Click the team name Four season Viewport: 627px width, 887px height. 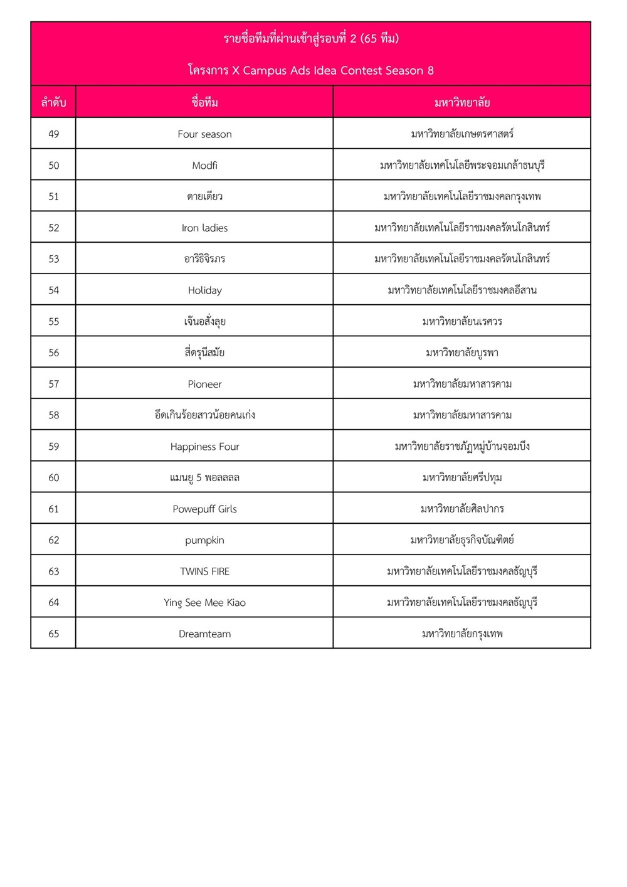click(204, 134)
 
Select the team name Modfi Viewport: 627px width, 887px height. click(204, 166)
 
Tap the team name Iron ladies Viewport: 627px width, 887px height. click(204, 228)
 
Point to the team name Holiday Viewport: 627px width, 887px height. click(204, 290)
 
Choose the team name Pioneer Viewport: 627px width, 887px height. click(204, 384)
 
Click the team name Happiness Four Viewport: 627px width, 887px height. click(204, 447)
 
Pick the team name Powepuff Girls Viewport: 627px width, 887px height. click(204, 509)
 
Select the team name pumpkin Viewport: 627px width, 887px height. click(204, 540)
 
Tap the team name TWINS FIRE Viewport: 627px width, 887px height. click(204, 571)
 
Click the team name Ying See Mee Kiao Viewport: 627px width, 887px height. click(204, 603)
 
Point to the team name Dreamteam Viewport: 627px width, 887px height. click(204, 634)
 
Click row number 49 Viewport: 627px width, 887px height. click(54, 134)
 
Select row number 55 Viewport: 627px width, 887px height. click(54, 322)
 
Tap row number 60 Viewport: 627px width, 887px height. click(54, 478)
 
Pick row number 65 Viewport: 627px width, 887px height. click(54, 634)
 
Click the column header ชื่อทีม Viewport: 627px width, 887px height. click(204, 102)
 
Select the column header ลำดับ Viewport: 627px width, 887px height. click(54, 102)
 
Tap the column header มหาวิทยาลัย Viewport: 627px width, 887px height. click(462, 102)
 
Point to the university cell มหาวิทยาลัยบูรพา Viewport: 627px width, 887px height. click(462, 353)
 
